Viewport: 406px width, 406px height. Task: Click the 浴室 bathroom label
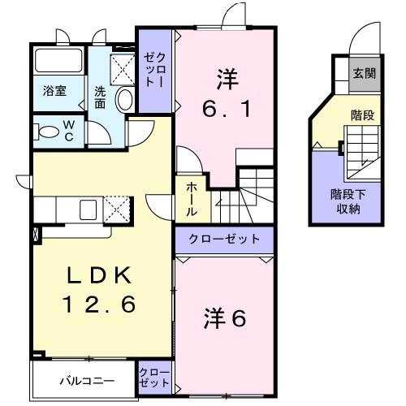[55, 91]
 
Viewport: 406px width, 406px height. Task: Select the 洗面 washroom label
[99, 97]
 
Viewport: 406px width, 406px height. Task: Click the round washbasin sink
[126, 100]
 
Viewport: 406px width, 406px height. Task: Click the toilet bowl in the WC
[46, 130]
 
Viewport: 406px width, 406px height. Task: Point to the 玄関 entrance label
[363, 73]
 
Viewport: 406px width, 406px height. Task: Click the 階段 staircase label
[361, 115]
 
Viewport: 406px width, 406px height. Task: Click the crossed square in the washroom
[123, 67]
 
